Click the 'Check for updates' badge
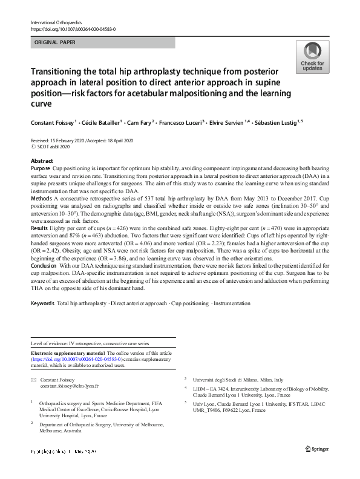point(312,57)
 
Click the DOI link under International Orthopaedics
point(73,29)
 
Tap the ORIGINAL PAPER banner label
point(56,43)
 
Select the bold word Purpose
point(41,167)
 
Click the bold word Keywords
point(42,303)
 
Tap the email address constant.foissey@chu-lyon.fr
point(69,386)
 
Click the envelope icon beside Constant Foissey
point(33,379)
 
